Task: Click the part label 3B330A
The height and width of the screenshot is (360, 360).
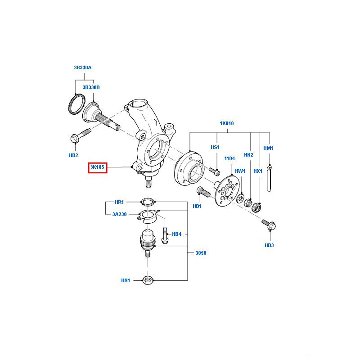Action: point(83,67)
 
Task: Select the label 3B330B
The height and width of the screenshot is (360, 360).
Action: point(91,87)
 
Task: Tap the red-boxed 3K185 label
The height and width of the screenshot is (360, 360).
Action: point(97,168)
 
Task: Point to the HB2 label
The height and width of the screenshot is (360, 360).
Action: point(73,155)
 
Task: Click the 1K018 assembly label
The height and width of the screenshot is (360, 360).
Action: point(227,123)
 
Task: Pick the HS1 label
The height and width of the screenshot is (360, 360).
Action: point(215,147)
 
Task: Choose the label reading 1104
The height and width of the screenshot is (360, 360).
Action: point(230,158)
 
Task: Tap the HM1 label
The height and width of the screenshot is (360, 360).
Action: point(269,148)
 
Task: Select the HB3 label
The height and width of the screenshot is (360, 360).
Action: point(269,245)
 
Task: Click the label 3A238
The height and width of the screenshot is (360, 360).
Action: point(119,215)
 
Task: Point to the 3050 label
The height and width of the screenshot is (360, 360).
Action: point(201,253)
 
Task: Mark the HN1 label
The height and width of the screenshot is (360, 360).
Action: point(125,280)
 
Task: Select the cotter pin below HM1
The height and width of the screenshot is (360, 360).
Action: point(269,178)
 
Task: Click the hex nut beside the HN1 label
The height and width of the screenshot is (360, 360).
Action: point(148,280)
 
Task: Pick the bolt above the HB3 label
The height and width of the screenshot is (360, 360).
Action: point(269,225)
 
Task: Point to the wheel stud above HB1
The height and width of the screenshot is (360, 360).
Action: point(203,192)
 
